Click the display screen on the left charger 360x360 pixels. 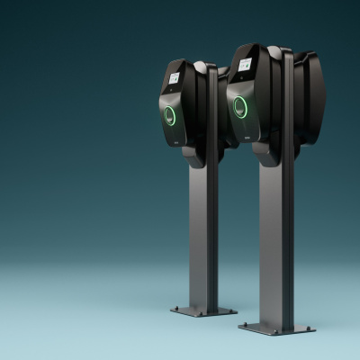click(173, 79)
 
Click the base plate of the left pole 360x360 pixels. click(203, 310)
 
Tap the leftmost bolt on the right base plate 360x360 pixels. click(243, 325)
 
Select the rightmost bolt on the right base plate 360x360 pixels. click(310, 327)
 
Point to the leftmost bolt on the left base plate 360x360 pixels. click(175, 310)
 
